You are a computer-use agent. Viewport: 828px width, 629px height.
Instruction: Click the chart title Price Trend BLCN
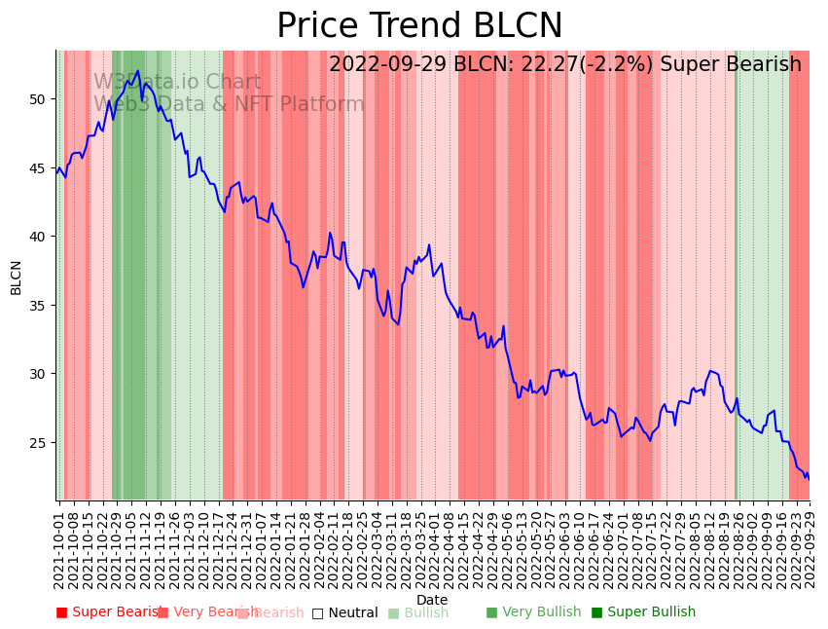pos(419,26)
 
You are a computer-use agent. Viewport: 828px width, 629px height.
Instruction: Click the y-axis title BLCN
pos(17,277)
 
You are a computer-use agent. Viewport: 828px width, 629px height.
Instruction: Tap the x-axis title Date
pos(432,600)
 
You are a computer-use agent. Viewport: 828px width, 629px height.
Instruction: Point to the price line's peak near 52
pos(138,70)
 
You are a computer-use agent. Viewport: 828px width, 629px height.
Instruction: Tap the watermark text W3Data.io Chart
pos(177,83)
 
